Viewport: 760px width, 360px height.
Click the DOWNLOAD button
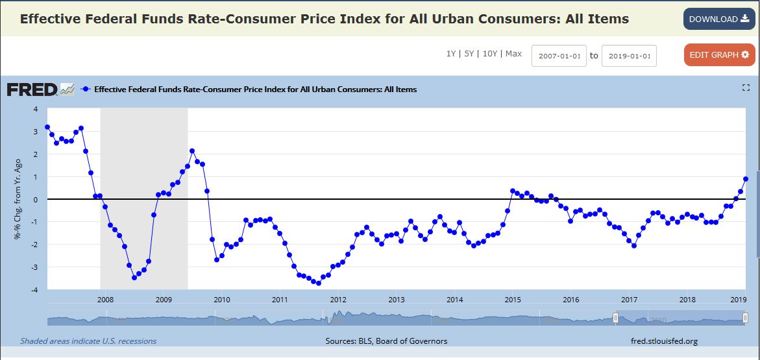(718, 19)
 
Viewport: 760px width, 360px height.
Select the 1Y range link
(450, 54)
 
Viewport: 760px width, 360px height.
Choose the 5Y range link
(469, 54)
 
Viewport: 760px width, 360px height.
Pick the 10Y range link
(489, 54)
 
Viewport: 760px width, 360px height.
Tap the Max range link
(513, 54)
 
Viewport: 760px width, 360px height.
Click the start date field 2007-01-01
(559, 56)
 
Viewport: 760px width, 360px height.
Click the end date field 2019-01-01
(629, 56)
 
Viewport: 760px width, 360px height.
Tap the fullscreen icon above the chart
(746, 88)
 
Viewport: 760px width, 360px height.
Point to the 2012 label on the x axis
(337, 300)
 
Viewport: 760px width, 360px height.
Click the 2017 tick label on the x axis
(629, 300)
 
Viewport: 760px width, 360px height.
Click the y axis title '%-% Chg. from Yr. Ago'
(18, 200)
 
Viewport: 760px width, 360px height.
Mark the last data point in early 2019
(746, 179)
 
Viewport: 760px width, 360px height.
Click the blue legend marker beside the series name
(86, 90)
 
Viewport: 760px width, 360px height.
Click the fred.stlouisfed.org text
(664, 341)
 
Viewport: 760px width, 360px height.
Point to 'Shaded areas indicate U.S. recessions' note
(88, 341)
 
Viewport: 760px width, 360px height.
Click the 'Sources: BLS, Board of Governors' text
(386, 341)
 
